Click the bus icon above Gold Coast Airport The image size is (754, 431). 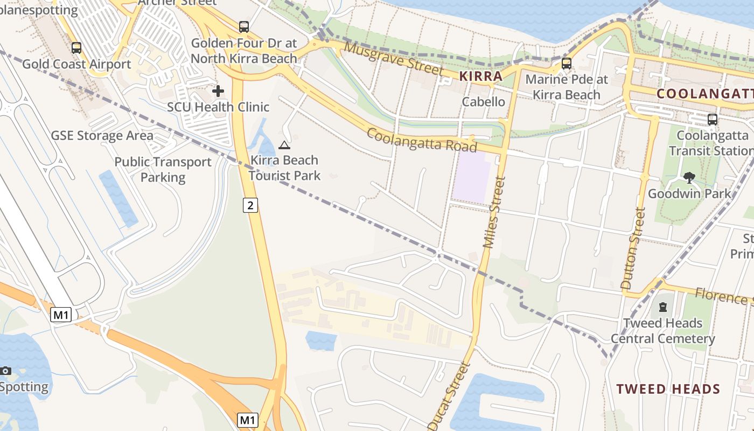coord(76,48)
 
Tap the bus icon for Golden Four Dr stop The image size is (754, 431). coord(244,26)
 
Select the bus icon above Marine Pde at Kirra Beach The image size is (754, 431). coord(567,63)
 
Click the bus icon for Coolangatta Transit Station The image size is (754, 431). coord(713,119)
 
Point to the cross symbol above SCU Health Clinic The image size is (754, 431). coord(218,91)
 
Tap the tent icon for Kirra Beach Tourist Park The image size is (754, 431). coord(284,145)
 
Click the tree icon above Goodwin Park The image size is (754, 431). coord(689,178)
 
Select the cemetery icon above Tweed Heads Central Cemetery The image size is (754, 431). coord(663,307)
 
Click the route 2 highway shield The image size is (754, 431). coord(250,205)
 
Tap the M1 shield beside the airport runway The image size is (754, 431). coord(61,315)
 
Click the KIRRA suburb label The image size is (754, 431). coord(481,77)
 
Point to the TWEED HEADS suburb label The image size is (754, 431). coord(668,389)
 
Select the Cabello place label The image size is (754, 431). coord(484,102)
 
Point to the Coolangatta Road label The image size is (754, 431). coord(422,140)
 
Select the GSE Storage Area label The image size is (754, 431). coord(102,135)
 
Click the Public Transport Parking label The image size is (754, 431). coord(163,169)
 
